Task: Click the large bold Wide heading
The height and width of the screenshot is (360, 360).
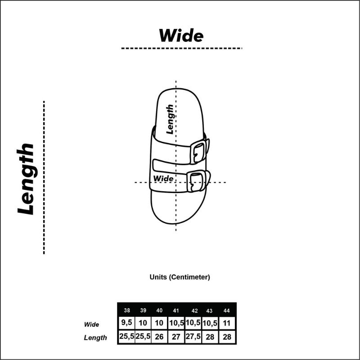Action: click(x=181, y=36)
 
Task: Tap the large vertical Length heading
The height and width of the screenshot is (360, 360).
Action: click(x=26, y=179)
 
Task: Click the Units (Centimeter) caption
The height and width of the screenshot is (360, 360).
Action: click(x=180, y=277)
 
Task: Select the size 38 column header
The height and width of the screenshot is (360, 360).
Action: click(x=127, y=310)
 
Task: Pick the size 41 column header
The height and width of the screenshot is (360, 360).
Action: click(x=176, y=310)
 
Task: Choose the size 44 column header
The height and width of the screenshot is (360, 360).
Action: click(x=227, y=310)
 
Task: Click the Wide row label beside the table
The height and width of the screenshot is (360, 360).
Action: click(x=91, y=324)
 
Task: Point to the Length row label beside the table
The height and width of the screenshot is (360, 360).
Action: click(x=95, y=337)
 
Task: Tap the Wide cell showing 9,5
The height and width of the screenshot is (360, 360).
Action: click(x=127, y=323)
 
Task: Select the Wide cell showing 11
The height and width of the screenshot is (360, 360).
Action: click(x=227, y=323)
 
